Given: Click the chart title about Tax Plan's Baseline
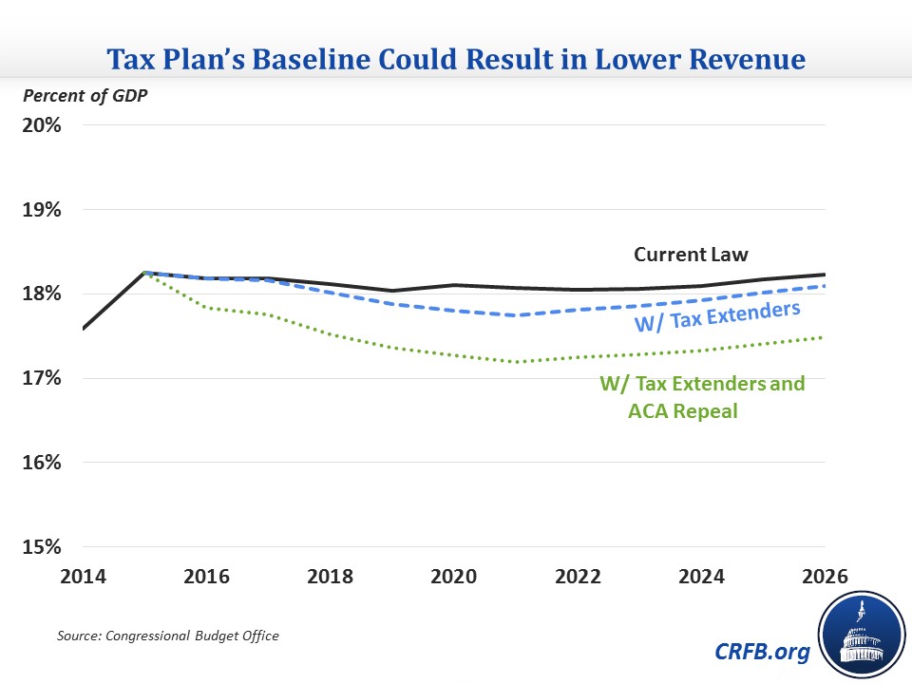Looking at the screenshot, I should tap(455, 61).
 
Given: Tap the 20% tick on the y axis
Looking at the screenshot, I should tap(43, 125).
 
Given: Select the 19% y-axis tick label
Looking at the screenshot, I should tap(43, 210).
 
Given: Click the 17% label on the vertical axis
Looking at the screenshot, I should tap(43, 379).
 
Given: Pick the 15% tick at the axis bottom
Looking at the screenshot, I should tap(43, 547).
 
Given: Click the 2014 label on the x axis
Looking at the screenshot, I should tap(85, 578).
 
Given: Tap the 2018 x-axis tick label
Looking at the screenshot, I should tap(331, 578).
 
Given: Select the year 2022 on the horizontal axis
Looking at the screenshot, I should tap(578, 578).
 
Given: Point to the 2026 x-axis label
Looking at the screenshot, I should tap(823, 578).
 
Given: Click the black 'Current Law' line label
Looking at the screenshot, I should tap(692, 255).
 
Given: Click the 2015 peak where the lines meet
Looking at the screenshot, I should tap(145, 273).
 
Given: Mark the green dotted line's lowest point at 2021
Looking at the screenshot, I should tap(516, 362).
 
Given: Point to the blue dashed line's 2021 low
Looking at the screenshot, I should tap(516, 315).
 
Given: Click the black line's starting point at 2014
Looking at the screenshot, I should tap(85, 329).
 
